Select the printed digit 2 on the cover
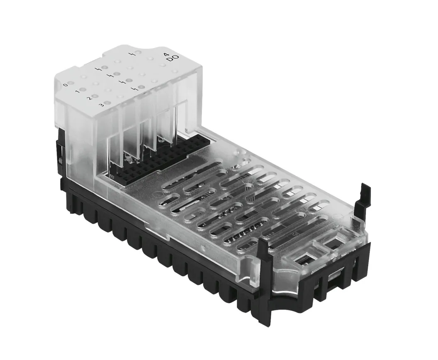point(89,98)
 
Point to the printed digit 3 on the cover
point(101,105)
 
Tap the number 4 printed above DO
point(166,54)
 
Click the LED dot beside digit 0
point(71,83)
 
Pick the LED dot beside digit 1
point(83,89)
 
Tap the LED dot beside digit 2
point(95,96)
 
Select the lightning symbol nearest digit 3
point(134,88)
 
